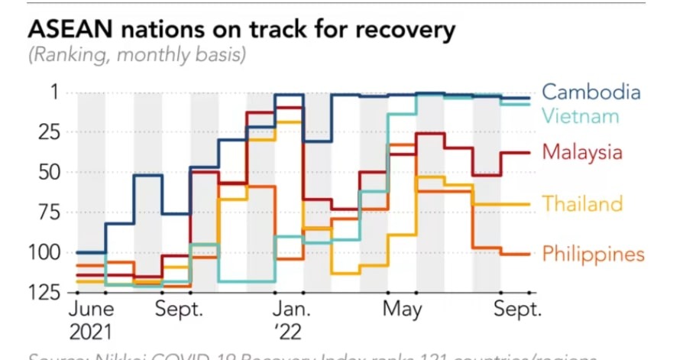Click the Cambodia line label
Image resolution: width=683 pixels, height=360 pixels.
(x=591, y=92)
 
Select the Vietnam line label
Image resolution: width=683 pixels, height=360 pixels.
(x=580, y=116)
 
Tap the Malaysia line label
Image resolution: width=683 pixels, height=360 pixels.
(x=582, y=152)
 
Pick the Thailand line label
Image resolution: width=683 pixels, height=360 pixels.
(x=582, y=204)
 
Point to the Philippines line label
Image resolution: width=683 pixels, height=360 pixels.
(x=593, y=254)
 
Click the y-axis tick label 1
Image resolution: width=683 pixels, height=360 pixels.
(x=53, y=92)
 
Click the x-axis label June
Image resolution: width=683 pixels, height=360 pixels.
(x=91, y=310)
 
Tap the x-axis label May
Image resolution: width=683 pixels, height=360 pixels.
(x=403, y=310)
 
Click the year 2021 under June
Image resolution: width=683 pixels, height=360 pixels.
(x=90, y=332)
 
